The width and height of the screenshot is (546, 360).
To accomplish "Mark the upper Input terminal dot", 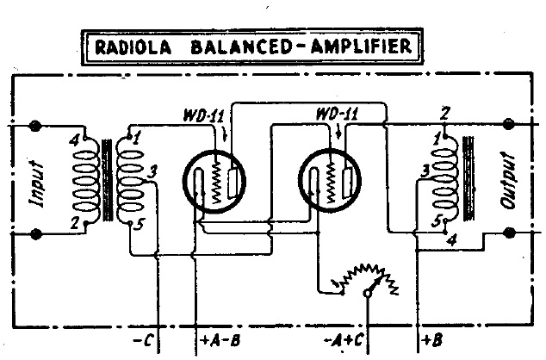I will pos(36,127).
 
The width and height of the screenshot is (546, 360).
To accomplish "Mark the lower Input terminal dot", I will pos(36,233).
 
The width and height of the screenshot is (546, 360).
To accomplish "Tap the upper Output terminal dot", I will pos(510,127).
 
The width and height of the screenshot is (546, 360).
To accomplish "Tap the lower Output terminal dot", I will pos(510,233).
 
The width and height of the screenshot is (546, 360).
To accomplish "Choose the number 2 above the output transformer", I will pos(444,114).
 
